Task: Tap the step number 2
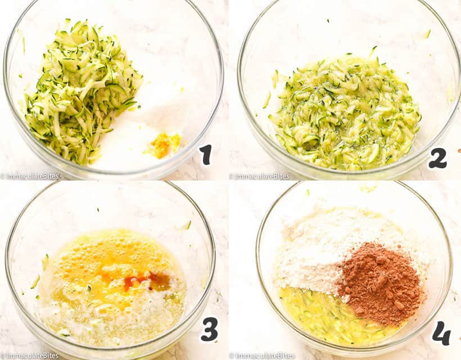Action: (437, 159)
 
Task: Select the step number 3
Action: (209, 330)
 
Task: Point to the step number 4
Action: (441, 334)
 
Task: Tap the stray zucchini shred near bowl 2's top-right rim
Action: (427, 34)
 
